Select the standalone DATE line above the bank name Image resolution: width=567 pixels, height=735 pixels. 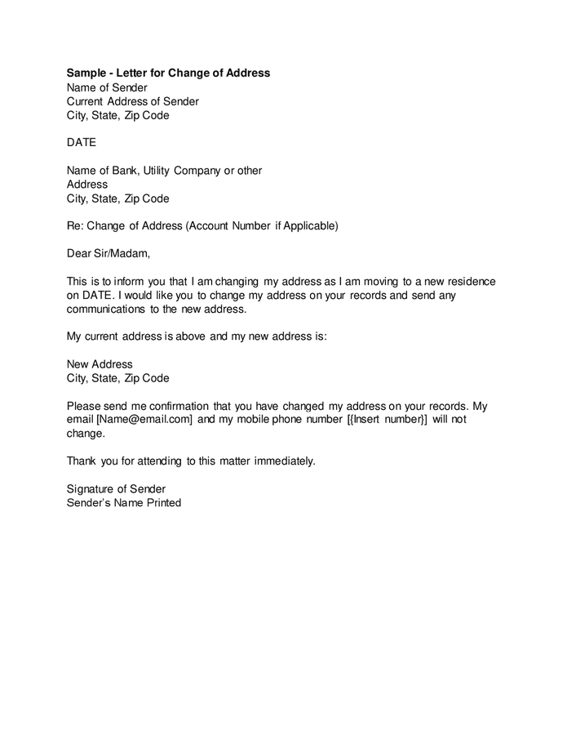pyautogui.click(x=82, y=143)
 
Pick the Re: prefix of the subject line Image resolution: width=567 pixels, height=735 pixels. pyautogui.click(x=75, y=226)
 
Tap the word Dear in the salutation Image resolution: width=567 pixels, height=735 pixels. pyautogui.click(x=80, y=254)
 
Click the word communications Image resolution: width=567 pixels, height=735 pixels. pyautogui.click(x=106, y=310)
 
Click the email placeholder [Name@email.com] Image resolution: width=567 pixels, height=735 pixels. pyautogui.click(x=145, y=420)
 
